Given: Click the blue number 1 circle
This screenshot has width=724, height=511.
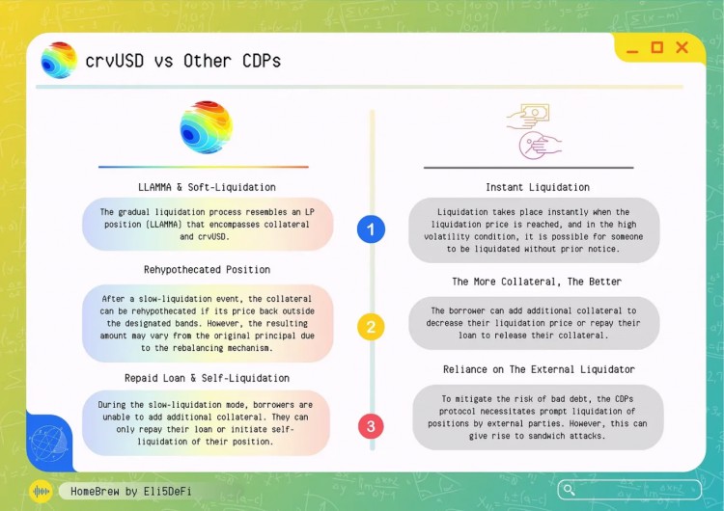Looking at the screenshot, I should (371, 229).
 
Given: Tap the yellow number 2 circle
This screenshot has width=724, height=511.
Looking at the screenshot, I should (371, 327).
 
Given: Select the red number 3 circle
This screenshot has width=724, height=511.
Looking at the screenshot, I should (371, 425).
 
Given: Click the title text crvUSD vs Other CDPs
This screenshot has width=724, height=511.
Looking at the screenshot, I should (183, 61).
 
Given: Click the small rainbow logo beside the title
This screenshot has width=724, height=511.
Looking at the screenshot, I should (59, 61).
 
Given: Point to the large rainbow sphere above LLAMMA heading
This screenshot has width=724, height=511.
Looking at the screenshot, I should (206, 127).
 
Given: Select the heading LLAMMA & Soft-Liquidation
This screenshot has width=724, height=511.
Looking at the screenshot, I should (207, 187).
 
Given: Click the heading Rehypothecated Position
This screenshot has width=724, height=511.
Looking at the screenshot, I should (207, 270).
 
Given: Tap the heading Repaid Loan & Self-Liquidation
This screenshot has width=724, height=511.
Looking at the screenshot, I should (207, 378).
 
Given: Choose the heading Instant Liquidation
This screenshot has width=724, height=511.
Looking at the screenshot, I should (538, 187).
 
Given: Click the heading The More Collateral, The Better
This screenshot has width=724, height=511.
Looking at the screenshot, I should (537, 282).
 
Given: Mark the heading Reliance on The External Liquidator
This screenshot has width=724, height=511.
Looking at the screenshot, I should (538, 369).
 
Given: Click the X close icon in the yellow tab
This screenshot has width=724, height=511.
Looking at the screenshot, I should (682, 47).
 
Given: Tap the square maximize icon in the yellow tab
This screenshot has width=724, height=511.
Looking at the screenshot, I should (657, 47).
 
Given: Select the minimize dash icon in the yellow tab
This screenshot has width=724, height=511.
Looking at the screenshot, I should (632, 49).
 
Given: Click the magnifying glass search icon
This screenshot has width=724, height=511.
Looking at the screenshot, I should (571, 490).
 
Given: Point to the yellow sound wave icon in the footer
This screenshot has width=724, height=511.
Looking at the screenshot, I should (42, 491).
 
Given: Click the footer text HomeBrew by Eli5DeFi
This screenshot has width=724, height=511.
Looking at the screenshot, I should (131, 491).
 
